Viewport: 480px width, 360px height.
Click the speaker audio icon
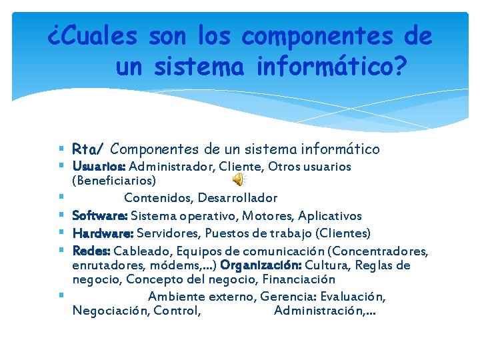tap(238, 179)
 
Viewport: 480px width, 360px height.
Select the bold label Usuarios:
tap(99, 166)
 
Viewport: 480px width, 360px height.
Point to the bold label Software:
tap(100, 215)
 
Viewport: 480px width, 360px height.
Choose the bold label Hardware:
tap(103, 233)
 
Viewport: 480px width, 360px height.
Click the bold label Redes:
tap(91, 251)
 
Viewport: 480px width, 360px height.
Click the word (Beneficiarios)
tap(114, 180)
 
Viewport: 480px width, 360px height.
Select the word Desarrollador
tap(241, 198)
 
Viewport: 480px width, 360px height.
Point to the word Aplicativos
tap(330, 215)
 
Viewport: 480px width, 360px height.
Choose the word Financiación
tap(298, 279)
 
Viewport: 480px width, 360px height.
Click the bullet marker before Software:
tap(61, 215)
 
